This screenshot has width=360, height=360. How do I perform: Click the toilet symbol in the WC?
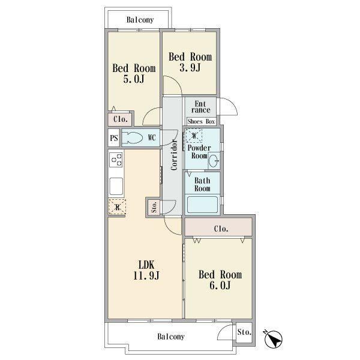point(132,138)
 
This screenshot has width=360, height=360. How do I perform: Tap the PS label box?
point(114,138)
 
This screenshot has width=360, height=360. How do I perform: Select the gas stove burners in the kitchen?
point(116,160)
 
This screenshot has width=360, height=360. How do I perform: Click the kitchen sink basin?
point(116,187)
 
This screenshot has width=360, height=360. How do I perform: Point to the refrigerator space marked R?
point(118,207)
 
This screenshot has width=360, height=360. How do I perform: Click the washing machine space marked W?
point(194,136)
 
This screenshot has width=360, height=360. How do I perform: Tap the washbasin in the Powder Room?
point(214,161)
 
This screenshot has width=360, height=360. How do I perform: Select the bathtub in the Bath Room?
point(202,205)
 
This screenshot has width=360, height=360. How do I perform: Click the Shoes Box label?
point(201,121)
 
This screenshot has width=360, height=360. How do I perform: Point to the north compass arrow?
point(273,340)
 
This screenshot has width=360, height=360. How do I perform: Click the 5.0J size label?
point(134,79)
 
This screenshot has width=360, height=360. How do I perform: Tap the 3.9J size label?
point(190,67)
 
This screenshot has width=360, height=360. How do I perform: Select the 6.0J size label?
point(220,285)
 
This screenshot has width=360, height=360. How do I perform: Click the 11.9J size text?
point(146,275)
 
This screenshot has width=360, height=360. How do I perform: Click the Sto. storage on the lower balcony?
point(244,332)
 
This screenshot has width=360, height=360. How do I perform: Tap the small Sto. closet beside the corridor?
point(154,207)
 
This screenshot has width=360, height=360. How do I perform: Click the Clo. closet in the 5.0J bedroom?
point(120,119)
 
